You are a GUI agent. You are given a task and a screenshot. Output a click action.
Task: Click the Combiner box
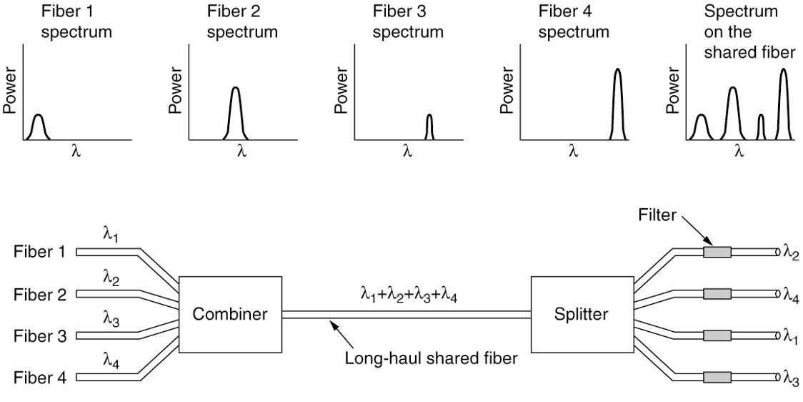(x=230, y=313)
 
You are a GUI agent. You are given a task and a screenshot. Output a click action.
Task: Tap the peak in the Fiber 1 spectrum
(x=38, y=117)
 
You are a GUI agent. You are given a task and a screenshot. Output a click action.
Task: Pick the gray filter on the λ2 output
(x=717, y=252)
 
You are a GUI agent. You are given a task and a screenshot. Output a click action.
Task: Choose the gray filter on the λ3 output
(x=717, y=376)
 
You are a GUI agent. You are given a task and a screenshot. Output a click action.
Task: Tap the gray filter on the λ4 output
(x=717, y=293)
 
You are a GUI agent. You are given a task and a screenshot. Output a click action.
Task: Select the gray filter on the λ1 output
(x=717, y=335)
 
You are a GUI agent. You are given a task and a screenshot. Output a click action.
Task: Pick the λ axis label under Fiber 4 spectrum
(x=573, y=151)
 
